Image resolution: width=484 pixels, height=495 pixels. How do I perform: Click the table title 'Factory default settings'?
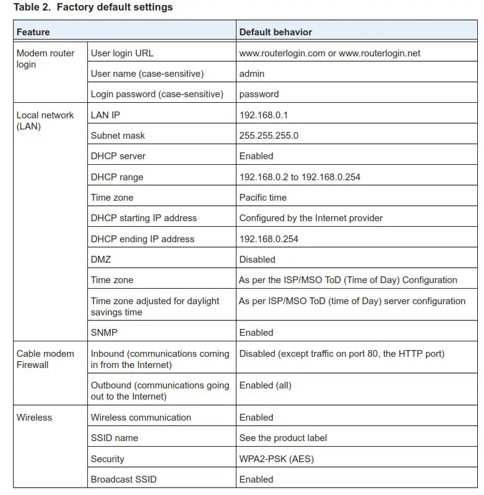[x=115, y=7]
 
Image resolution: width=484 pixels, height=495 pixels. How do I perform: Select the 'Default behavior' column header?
[x=275, y=32]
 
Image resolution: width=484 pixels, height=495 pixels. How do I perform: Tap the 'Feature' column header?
[x=33, y=32]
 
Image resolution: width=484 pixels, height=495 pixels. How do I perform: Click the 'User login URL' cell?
[x=122, y=53]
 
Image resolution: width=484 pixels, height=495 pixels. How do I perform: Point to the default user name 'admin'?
[x=252, y=74]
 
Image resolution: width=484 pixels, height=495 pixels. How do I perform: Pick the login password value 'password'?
[x=259, y=94]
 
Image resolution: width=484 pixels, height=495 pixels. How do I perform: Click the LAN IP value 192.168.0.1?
[x=264, y=115]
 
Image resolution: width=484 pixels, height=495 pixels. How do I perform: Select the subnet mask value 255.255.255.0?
[x=269, y=136]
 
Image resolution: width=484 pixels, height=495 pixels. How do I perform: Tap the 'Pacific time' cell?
[x=263, y=198]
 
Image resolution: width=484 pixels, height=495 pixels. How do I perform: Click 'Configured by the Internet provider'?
[x=311, y=218]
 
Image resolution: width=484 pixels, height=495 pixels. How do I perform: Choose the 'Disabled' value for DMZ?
[x=257, y=260]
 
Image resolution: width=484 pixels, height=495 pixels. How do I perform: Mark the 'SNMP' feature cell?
[x=103, y=333]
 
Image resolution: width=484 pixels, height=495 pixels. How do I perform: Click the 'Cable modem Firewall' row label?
[x=45, y=359]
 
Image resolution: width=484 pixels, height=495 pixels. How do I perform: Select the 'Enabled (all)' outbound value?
[x=265, y=385]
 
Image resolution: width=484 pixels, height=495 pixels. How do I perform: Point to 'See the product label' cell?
[x=283, y=438]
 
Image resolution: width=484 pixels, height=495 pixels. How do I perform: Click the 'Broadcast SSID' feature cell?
[x=124, y=480]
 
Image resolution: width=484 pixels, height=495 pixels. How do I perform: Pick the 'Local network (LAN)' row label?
[x=45, y=121]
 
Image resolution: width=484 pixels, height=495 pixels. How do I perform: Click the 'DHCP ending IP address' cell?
[x=142, y=239]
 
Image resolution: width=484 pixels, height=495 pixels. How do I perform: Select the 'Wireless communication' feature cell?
[x=140, y=418]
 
